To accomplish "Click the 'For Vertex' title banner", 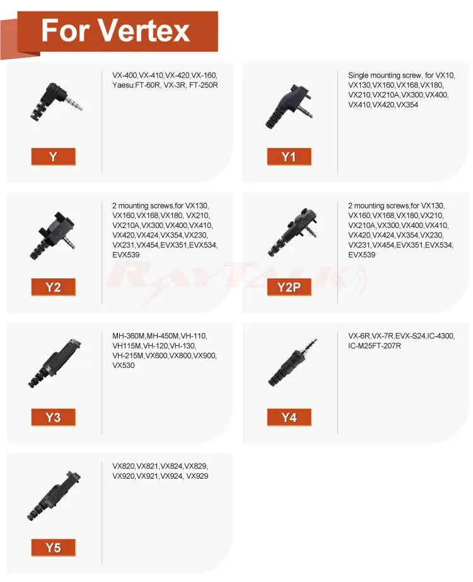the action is point(117,31).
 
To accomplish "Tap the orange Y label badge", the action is point(54,157).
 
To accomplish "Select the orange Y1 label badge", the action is point(289,157).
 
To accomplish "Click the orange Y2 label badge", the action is point(54,287).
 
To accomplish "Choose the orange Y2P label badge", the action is point(289,287).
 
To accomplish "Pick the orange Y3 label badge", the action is point(54,417).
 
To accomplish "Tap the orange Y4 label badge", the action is point(289,417).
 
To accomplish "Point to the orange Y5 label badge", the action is point(54,547).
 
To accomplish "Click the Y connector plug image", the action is point(55,101).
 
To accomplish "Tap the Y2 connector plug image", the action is point(53,236).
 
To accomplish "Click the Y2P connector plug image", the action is point(293,232).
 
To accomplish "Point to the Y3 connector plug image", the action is point(54,363).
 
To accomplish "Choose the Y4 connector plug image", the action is point(293,362).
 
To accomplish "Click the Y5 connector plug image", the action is point(54,496).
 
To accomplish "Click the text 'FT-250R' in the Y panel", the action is point(204,85).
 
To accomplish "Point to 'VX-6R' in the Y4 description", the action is point(359,336).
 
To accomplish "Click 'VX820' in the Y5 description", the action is point(124,466).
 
